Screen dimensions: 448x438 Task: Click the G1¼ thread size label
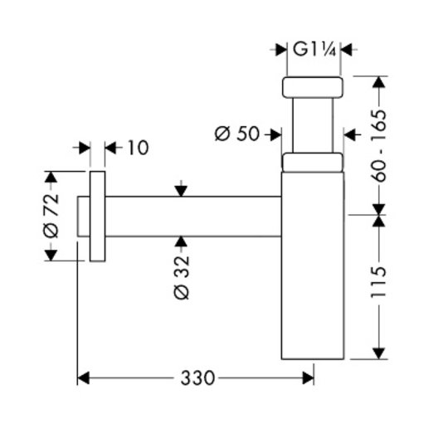314,51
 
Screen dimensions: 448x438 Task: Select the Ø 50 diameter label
236,134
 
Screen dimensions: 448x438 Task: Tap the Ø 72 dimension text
51,216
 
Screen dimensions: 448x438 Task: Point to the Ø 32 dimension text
182,277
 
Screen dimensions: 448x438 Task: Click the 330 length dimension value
197,378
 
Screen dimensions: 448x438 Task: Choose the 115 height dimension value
378,282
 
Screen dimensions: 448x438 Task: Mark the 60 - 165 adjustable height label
379,145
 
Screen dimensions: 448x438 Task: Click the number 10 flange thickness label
138,148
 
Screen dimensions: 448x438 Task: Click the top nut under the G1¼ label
313,87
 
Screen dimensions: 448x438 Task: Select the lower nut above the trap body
313,163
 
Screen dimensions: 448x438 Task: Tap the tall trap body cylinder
313,265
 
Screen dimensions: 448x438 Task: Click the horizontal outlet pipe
193,217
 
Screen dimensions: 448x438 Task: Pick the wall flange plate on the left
97,217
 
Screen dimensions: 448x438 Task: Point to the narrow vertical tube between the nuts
313,125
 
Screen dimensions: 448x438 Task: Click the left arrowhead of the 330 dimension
84,378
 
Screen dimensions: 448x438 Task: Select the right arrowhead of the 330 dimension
308,378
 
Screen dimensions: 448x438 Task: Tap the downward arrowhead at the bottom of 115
379,353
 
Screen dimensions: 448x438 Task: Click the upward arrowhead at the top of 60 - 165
379,82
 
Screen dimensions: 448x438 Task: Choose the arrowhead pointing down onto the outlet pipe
181,191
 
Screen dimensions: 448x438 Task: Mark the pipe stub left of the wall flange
84,217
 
